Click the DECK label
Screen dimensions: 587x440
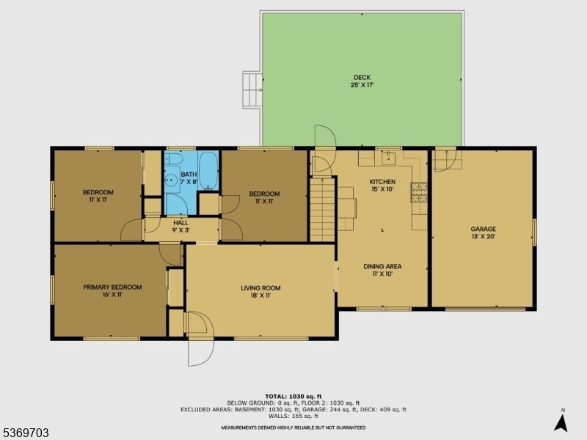tap(362, 78)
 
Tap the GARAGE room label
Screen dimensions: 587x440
tap(484, 229)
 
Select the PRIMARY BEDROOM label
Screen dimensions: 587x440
tap(112, 287)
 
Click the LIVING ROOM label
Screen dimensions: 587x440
tap(260, 287)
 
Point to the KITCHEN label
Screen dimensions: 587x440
tap(382, 181)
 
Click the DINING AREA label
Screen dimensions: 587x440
tap(382, 266)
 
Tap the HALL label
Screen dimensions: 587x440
tap(181, 223)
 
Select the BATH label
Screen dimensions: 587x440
tap(189, 175)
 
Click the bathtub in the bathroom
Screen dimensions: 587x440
tap(208, 171)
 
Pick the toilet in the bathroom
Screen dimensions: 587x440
tap(174, 158)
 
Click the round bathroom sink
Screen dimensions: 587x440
tap(172, 180)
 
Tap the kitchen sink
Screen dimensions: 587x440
tap(389, 158)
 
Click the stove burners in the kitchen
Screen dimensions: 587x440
tap(419, 192)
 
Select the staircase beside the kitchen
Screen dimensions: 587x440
tap(322, 210)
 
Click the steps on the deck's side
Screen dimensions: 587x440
tap(252, 90)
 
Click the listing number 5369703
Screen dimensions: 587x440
tap(25, 433)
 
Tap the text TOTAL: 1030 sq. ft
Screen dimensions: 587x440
tap(293, 396)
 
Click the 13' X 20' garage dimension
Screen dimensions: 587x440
tap(484, 236)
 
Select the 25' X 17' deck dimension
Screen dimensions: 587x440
tap(362, 85)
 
